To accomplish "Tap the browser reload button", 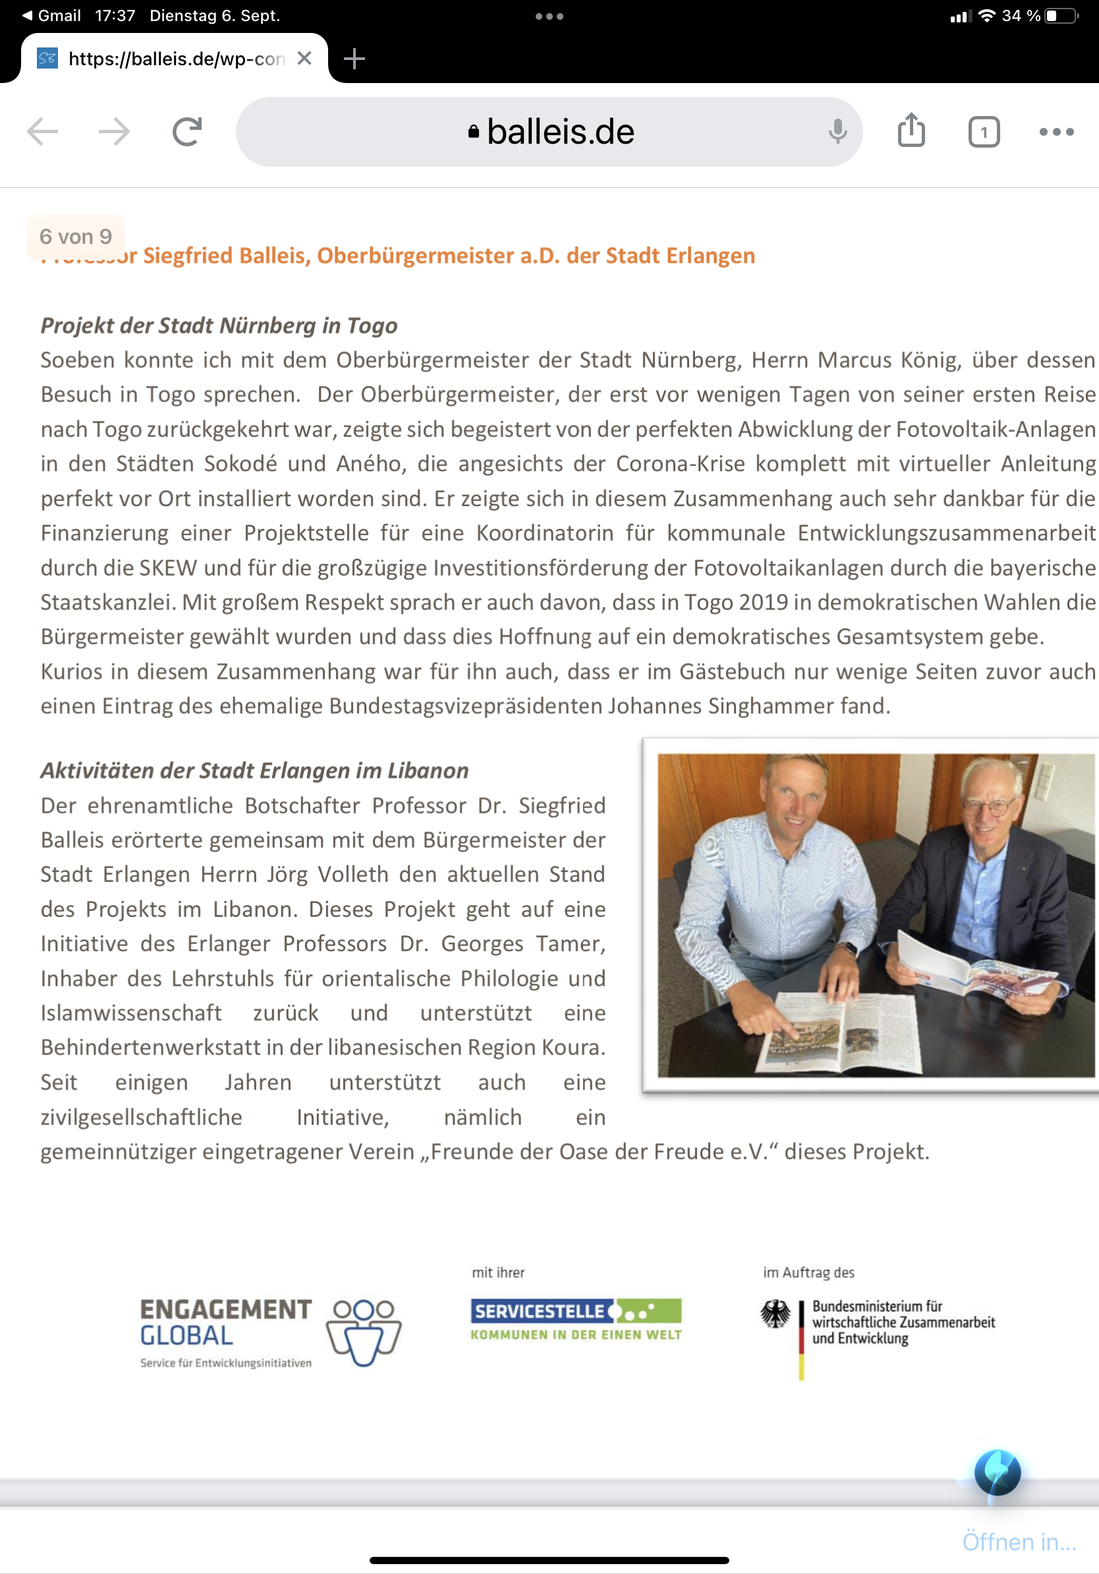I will (186, 132).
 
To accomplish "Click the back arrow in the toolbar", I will (42, 132).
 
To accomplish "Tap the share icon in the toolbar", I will (911, 131).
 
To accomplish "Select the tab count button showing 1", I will (983, 132).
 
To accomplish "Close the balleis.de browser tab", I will (304, 59).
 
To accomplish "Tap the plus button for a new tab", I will (354, 59).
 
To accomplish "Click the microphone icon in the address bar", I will (837, 131).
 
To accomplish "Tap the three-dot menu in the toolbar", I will (1056, 132).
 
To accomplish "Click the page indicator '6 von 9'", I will (75, 237).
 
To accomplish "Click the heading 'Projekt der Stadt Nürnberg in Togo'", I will (219, 326).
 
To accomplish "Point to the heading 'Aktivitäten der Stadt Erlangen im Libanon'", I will (254, 771).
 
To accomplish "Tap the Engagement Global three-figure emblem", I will (364, 1331).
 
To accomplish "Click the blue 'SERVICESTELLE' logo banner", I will (542, 1311).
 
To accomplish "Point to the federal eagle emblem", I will (775, 1314).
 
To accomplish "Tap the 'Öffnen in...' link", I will (1019, 1541).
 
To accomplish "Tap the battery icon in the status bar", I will (1061, 16).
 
